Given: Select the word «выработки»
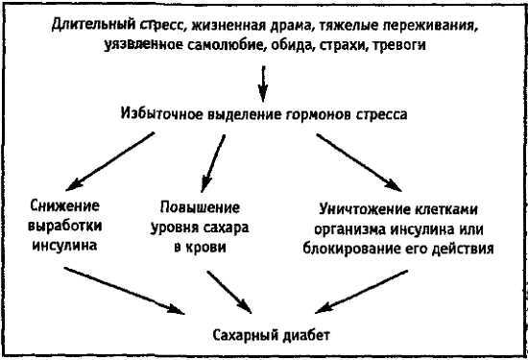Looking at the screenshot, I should [x=65, y=228].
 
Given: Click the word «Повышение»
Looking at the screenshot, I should [x=198, y=207].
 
